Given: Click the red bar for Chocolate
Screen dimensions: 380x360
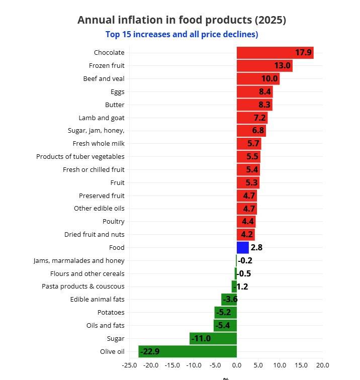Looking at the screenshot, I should [275, 53].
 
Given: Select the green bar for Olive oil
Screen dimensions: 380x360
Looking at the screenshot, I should [187, 351].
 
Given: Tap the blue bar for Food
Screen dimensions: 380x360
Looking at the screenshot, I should [242, 247].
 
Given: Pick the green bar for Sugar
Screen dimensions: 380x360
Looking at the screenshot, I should [213, 338].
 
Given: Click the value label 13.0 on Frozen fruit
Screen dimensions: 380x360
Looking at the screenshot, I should [282, 66].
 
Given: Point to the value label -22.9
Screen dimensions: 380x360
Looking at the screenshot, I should [150, 351].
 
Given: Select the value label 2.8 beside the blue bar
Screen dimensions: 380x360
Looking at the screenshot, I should [256, 247].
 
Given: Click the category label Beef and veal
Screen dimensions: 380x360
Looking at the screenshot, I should [104, 79].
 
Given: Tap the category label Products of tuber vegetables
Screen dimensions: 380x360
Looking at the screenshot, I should [80, 157].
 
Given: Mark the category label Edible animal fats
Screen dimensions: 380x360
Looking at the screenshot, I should [97, 300].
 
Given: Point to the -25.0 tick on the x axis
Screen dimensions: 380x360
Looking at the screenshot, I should [129, 365].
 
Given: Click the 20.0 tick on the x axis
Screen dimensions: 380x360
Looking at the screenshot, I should [322, 365].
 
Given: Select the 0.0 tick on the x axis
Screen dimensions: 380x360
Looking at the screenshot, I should [236, 365].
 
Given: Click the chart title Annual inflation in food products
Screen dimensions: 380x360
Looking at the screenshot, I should [182, 20].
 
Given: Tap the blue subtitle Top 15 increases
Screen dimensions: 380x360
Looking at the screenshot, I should [182, 34].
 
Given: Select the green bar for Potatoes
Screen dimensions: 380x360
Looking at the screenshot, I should [225, 313].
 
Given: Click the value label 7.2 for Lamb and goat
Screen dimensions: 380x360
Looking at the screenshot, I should [259, 118].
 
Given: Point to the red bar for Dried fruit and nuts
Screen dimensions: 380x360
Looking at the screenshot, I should [245, 235].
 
